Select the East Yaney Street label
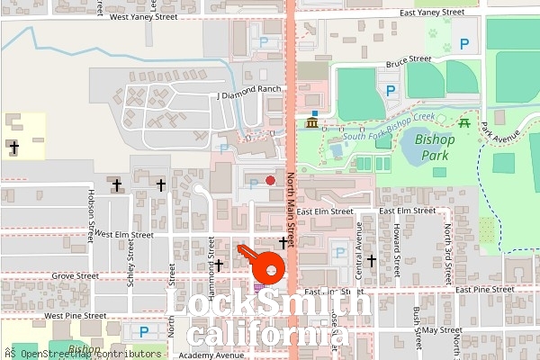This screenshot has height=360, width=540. pos(433,13)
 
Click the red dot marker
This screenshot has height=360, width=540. pos(270,180)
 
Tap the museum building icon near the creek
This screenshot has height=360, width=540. pos(312,122)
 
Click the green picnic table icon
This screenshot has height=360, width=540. pos(464,122)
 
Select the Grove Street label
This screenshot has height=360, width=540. pos(75,276)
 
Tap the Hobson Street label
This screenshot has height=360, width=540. pos(91,216)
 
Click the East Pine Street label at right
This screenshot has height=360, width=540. pos(483,290)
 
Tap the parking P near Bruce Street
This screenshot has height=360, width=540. pos(391,90)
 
